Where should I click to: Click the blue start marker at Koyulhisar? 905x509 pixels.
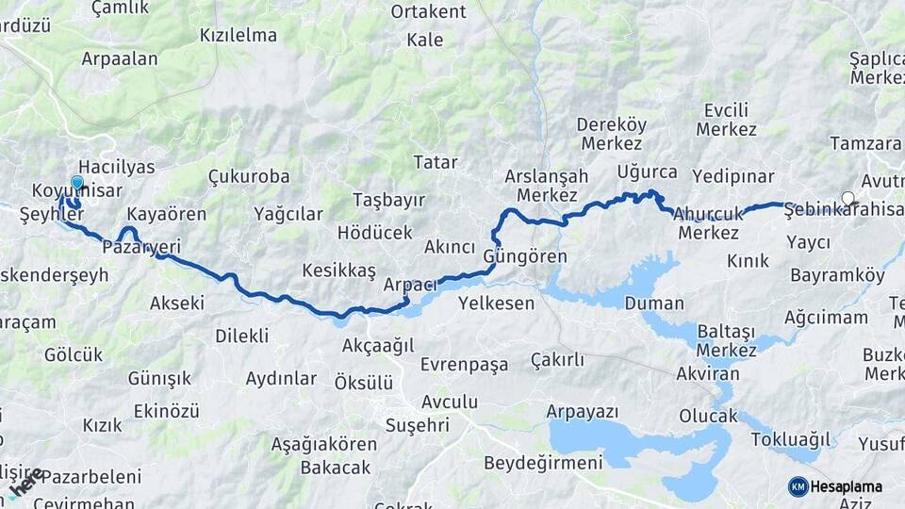click(x=77, y=183)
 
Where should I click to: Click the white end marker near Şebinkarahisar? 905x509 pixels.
click(x=848, y=199)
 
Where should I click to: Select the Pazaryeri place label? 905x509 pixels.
click(x=140, y=247)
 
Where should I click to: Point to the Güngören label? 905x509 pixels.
click(x=525, y=256)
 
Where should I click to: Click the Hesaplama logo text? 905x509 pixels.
click(x=847, y=486)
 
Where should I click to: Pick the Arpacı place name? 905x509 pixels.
click(x=410, y=285)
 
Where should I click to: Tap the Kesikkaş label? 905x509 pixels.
click(x=338, y=271)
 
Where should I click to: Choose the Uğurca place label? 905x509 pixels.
click(x=647, y=172)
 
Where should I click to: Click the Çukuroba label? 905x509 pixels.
click(x=248, y=176)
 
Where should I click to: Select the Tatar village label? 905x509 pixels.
click(x=436, y=162)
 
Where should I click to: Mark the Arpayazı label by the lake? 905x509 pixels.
click(x=583, y=412)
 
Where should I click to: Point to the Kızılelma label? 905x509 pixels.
click(x=239, y=36)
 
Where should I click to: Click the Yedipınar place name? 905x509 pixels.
click(x=732, y=176)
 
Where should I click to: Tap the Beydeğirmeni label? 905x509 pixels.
click(x=543, y=463)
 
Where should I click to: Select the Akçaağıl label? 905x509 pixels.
click(x=378, y=345)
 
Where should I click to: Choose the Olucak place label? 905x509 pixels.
click(x=708, y=416)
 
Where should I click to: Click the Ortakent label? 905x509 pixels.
click(x=429, y=11)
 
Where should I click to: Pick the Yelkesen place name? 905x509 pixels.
click(x=496, y=304)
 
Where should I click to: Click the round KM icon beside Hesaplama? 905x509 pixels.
click(x=798, y=486)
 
